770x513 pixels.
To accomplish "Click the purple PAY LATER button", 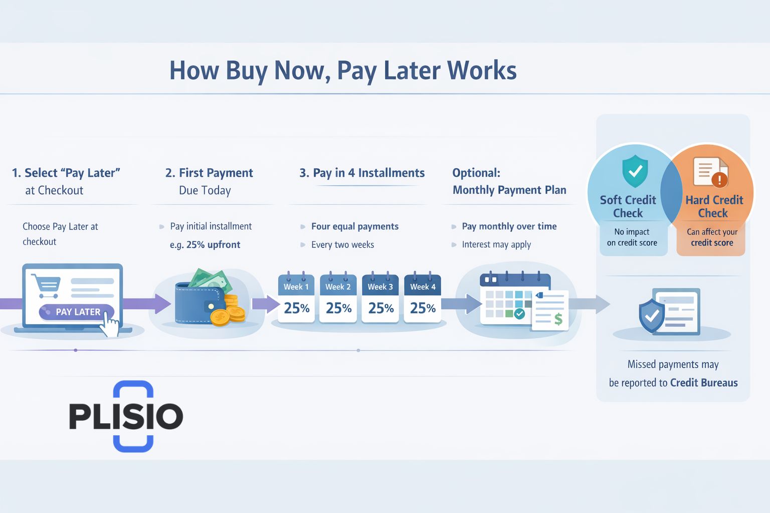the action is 76,312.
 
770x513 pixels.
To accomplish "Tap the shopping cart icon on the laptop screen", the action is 46,286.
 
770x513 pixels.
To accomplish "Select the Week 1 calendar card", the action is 296,298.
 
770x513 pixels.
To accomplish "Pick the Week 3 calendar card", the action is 380,298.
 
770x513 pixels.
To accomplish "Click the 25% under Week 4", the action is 423,308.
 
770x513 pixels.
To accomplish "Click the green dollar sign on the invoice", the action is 558,319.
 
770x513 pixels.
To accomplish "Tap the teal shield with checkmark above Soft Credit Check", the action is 635,171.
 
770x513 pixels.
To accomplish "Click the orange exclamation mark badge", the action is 719,179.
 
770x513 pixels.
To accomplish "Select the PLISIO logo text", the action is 126,416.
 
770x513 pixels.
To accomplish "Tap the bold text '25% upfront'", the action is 213,244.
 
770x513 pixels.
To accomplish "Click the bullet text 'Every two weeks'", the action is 343,244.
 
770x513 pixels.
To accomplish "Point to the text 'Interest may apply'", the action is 496,244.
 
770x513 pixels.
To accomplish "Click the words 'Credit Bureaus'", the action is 704,383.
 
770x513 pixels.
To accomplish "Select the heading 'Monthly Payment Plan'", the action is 509,190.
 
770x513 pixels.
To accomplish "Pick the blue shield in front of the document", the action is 651,316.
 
